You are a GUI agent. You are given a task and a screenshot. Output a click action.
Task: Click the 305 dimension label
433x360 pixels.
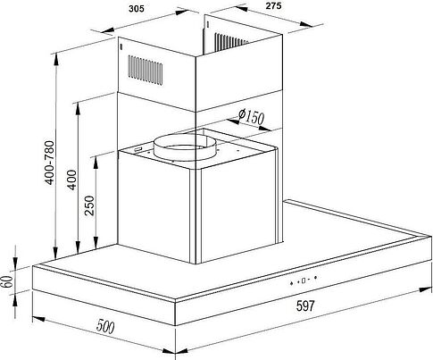tap(137, 9)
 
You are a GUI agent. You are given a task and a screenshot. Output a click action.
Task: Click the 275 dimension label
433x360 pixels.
tap(273, 5)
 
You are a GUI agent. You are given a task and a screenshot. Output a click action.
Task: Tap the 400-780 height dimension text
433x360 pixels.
tap(50, 163)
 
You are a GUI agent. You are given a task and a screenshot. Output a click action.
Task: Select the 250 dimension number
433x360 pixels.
tap(89, 205)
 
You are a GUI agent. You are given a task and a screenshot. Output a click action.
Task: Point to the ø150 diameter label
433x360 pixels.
tap(252, 117)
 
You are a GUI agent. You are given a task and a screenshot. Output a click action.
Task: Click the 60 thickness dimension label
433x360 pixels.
tap(7, 281)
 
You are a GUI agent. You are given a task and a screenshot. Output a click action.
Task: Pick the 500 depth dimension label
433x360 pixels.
tap(105, 326)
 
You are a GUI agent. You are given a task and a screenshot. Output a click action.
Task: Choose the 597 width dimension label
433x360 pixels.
tap(305, 306)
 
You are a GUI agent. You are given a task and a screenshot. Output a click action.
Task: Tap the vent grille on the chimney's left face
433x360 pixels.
tap(146, 71)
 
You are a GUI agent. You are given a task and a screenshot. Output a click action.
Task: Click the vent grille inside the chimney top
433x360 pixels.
tap(231, 42)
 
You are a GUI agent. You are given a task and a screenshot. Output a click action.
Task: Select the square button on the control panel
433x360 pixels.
tap(304, 280)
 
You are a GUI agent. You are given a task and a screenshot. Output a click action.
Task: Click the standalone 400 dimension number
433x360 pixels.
tap(71, 180)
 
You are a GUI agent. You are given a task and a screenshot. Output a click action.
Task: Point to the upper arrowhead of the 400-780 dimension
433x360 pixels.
tap(55, 61)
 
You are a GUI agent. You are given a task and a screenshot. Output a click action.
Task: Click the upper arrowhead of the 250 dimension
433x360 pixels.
tap(96, 163)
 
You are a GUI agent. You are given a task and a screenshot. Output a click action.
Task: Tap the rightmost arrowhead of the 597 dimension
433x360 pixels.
tap(425, 289)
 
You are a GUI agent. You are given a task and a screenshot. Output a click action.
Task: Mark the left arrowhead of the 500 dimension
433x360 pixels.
tap(38, 319)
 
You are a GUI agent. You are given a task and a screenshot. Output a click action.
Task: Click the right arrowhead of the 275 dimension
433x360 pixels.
tap(306, 24)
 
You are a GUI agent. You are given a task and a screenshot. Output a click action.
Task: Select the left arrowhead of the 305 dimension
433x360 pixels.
tap(108, 30)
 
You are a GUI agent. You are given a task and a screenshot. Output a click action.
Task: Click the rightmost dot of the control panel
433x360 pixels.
tap(315, 278)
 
